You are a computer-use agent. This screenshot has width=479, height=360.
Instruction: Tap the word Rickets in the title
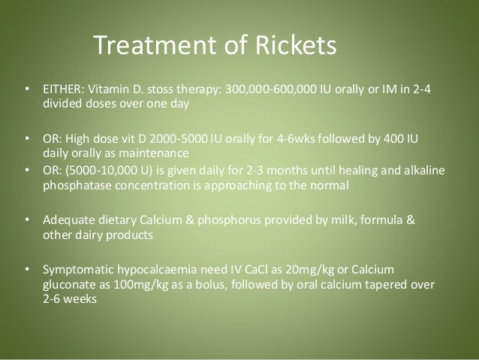pyautogui.click(x=291, y=47)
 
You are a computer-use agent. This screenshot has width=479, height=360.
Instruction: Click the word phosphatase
pyautogui.click(x=73, y=183)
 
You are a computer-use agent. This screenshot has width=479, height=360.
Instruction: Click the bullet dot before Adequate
pyautogui.click(x=27, y=219)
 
